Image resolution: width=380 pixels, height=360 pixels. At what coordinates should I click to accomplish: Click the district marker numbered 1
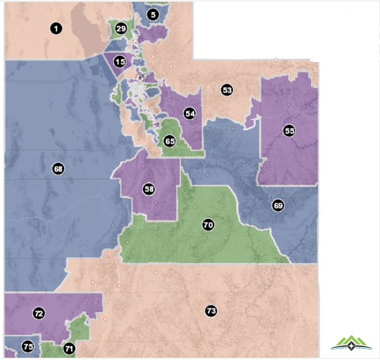tap(55, 28)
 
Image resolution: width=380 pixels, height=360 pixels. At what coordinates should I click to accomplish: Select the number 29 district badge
tap(121, 28)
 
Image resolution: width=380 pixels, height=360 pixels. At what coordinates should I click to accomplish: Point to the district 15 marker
tap(120, 61)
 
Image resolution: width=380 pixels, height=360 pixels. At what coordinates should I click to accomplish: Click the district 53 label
tap(226, 90)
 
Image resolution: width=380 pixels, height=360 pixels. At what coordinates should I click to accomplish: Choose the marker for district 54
tap(190, 114)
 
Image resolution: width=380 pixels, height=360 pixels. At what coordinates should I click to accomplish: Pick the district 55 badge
tap(289, 131)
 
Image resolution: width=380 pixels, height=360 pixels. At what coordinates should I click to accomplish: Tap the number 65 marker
tap(170, 141)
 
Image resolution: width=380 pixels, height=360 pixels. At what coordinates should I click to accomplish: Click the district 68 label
tap(58, 168)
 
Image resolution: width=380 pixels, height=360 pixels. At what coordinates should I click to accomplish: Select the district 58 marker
tap(149, 189)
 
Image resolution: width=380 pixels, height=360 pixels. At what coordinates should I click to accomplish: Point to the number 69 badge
tap(278, 205)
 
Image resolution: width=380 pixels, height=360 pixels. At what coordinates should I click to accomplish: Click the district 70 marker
tap(208, 225)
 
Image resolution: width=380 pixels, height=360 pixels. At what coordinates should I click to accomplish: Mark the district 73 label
tap(210, 311)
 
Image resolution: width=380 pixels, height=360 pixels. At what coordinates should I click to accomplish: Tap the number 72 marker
tap(39, 313)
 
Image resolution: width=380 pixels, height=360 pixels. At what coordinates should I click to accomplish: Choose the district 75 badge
tap(28, 347)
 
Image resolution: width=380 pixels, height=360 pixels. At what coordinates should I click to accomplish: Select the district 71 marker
tap(69, 348)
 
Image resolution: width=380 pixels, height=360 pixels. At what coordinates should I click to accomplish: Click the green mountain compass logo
tap(352, 343)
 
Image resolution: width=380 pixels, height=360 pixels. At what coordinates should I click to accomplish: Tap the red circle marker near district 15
tap(140, 78)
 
